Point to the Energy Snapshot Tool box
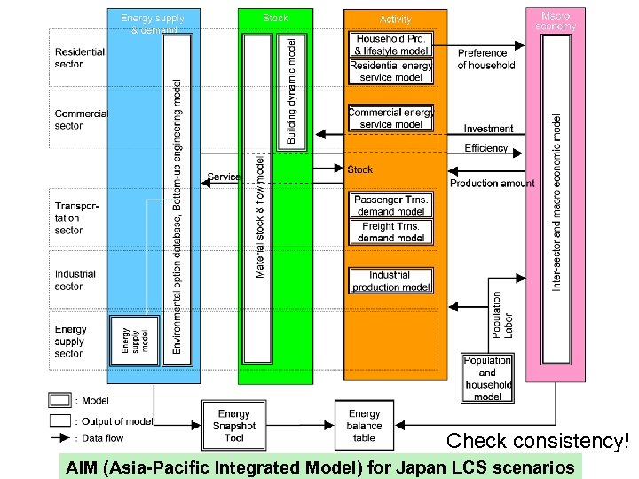pyautogui.click(x=234, y=425)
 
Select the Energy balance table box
pyautogui.click(x=364, y=425)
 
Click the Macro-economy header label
pyautogui.click(x=556, y=20)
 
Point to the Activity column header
pyautogui.click(x=395, y=19)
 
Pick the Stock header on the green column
pyautogui.click(x=275, y=18)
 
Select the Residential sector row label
pyautogui.click(x=80, y=58)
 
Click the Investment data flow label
pyautogui.click(x=488, y=130)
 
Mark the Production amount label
pyautogui.click(x=492, y=184)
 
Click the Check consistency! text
pyautogui.click(x=541, y=440)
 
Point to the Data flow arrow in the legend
pyautogui.click(x=60, y=437)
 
